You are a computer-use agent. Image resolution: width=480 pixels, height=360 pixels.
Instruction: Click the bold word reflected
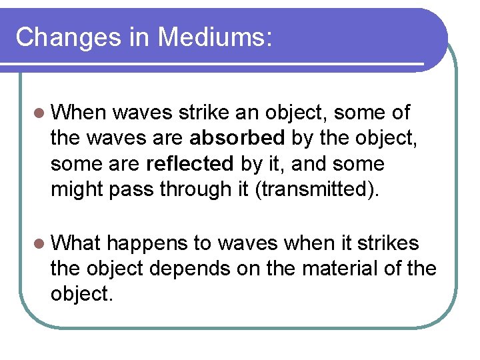(190, 164)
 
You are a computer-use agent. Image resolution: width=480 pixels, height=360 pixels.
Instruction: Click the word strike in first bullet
(203, 113)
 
